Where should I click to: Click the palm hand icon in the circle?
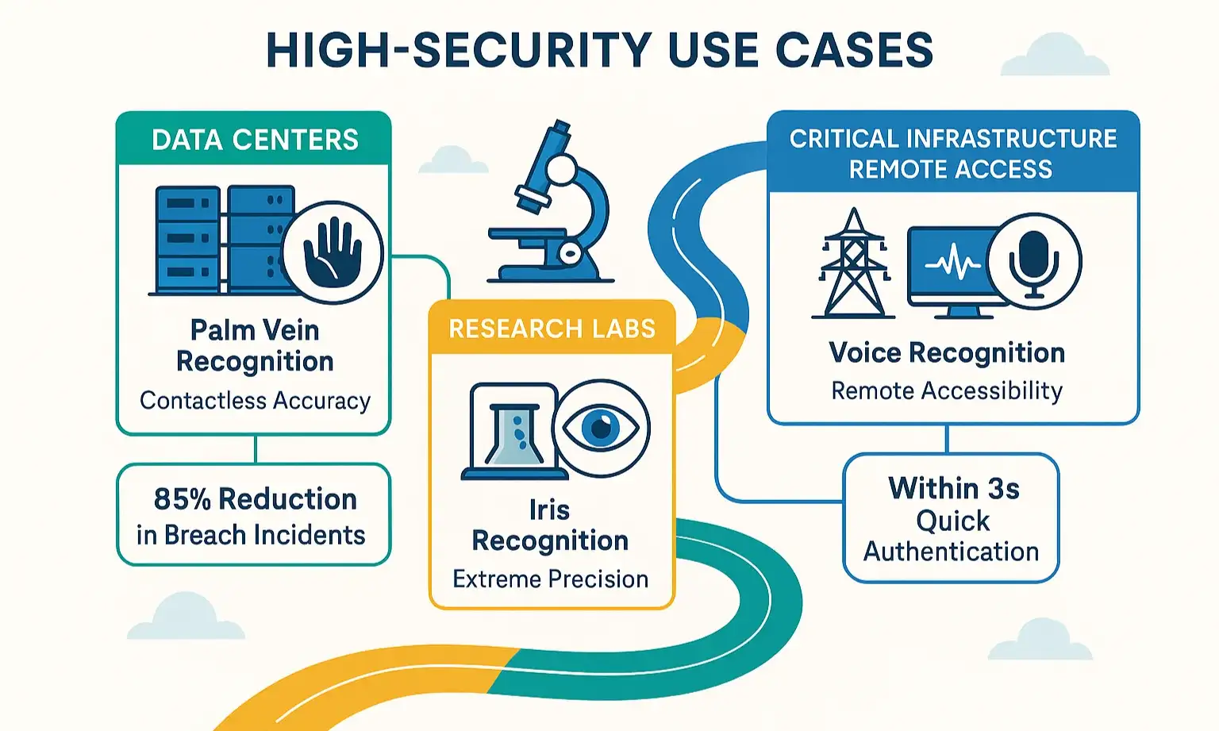(333, 252)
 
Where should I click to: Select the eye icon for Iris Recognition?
(601, 429)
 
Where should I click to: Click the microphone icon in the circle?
(1033, 261)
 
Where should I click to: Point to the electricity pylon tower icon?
(853, 264)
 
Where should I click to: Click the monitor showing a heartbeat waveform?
(949, 267)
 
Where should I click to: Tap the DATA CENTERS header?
(255, 140)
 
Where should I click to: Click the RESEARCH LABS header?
(552, 329)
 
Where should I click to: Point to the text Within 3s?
(953, 488)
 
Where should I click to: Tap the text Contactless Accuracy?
(255, 401)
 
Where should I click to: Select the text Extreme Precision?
(550, 579)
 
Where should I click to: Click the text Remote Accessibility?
(946, 391)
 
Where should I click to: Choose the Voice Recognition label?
(946, 352)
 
